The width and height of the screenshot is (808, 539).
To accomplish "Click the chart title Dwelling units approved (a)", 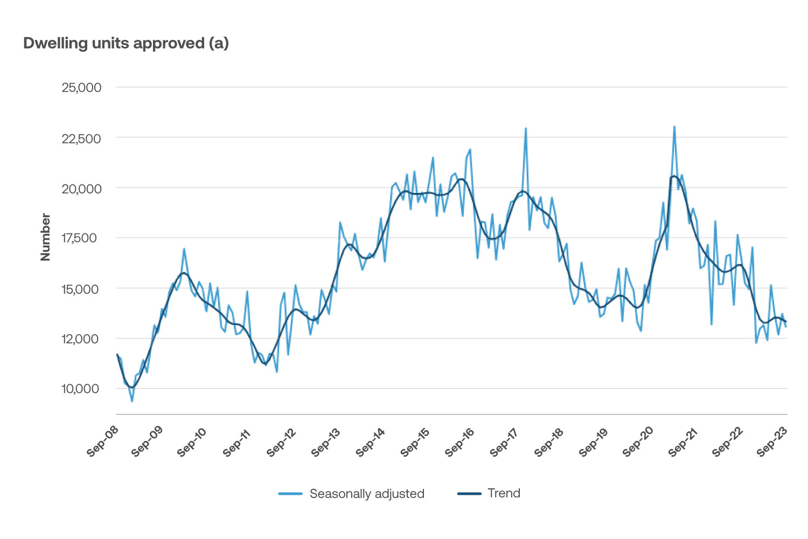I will (126, 43).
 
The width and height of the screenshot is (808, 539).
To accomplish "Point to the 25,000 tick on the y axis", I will (81, 87).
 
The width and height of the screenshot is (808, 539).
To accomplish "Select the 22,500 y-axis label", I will (81, 139).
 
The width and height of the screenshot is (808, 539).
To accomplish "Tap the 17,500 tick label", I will (81, 238).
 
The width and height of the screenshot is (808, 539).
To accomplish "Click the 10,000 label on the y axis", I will (81, 389).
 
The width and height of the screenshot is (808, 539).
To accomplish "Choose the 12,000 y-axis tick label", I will (81, 339).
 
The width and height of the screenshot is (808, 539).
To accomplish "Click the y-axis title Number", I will (46, 237).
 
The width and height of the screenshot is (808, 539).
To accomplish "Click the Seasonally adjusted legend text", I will (367, 494).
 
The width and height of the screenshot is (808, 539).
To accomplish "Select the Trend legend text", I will (504, 493).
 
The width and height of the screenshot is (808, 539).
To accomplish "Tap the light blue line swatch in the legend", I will (290, 494).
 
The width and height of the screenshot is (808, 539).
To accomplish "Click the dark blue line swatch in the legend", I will (469, 494).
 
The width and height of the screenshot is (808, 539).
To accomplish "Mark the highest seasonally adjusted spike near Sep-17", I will (526, 129).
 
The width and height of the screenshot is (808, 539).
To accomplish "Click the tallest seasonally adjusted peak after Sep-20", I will (674, 127).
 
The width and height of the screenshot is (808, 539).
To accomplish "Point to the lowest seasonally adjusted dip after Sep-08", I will (132, 401).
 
